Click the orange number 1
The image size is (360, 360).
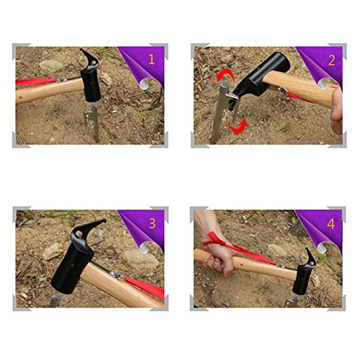pos(151,59)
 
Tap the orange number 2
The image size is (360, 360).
pos(331,60)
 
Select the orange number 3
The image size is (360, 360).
pos(152,223)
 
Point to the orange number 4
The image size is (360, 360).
pos(330,224)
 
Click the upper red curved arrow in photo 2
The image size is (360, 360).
pos(225,74)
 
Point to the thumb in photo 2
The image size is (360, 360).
pos(336,110)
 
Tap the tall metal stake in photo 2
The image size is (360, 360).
pos(220,113)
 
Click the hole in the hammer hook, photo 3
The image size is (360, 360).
pos(78,234)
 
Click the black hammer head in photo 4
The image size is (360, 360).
pos(305,274)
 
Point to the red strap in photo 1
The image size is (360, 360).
pos(36,82)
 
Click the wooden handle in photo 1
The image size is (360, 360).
pos(49,91)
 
